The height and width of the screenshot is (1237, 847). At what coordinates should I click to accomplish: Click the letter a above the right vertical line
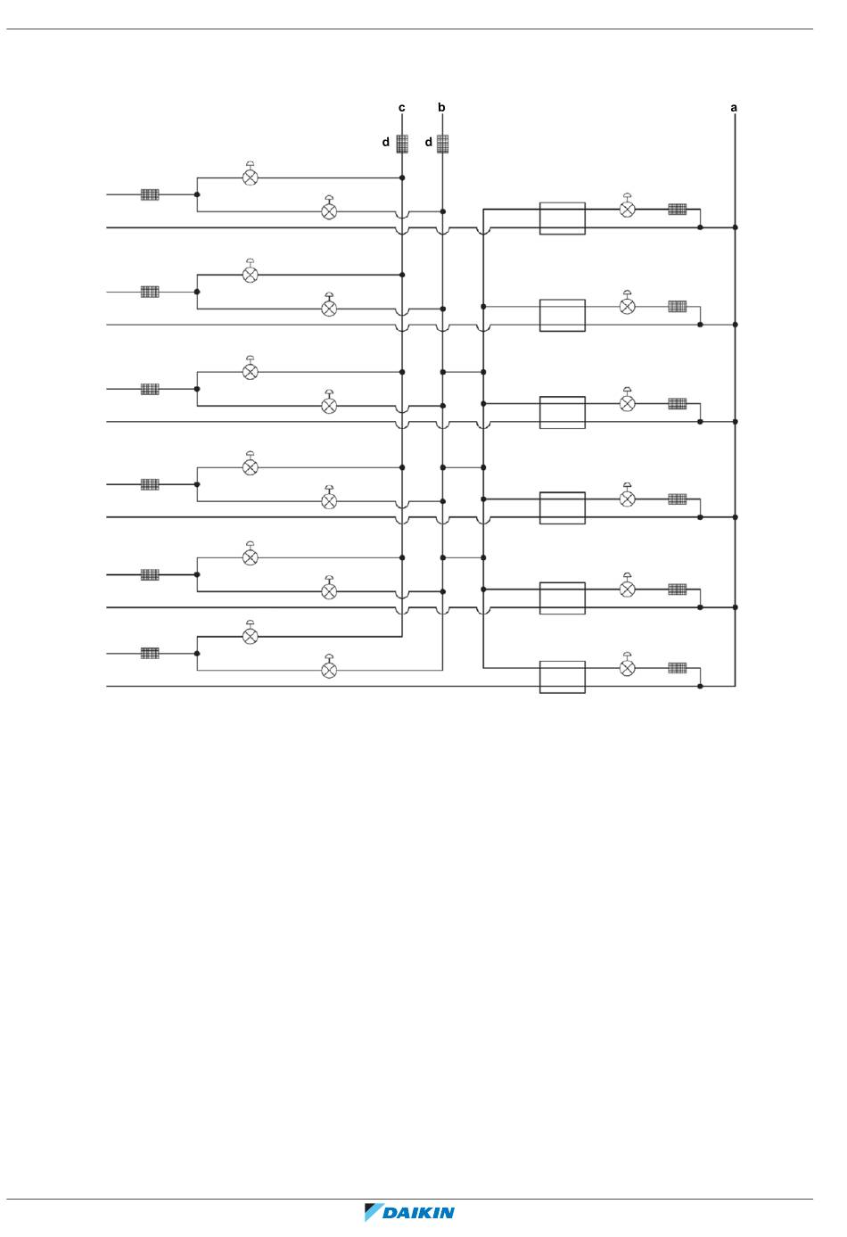coord(734,108)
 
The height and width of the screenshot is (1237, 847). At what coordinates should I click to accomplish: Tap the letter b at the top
coord(441,108)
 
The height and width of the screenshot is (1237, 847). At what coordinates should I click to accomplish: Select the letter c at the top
coord(402,108)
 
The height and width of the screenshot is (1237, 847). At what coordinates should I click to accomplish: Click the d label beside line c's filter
coord(386,143)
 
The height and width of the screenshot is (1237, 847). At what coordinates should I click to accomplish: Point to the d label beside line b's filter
coord(428,143)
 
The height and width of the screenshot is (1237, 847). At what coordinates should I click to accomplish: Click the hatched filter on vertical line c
coord(402,144)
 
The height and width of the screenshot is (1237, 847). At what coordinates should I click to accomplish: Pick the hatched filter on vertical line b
coord(442,144)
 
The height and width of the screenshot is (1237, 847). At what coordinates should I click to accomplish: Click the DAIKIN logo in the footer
coord(410,1212)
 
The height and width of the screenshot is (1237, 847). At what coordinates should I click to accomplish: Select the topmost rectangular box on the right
coord(563,219)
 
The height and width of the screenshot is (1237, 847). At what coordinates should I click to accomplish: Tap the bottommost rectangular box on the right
coord(563,677)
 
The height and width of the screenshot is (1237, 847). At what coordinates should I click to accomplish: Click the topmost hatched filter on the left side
coord(150,194)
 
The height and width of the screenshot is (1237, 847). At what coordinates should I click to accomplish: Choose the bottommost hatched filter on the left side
coord(150,653)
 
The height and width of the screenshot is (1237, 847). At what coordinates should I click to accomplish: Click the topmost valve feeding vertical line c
coord(251,177)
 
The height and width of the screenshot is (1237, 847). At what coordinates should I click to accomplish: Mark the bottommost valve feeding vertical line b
coord(329,669)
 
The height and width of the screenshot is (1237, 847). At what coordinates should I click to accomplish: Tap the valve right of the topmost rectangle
coord(628,209)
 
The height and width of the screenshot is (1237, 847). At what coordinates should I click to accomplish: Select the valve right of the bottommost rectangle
coord(628,667)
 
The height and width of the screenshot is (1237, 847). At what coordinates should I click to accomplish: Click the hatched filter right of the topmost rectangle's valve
coord(678,210)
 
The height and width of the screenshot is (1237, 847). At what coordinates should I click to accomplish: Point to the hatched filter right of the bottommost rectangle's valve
coord(678,667)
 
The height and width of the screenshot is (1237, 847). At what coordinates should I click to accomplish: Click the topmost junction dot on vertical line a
coord(735,227)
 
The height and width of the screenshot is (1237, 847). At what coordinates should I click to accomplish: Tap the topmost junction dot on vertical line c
coord(402,177)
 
